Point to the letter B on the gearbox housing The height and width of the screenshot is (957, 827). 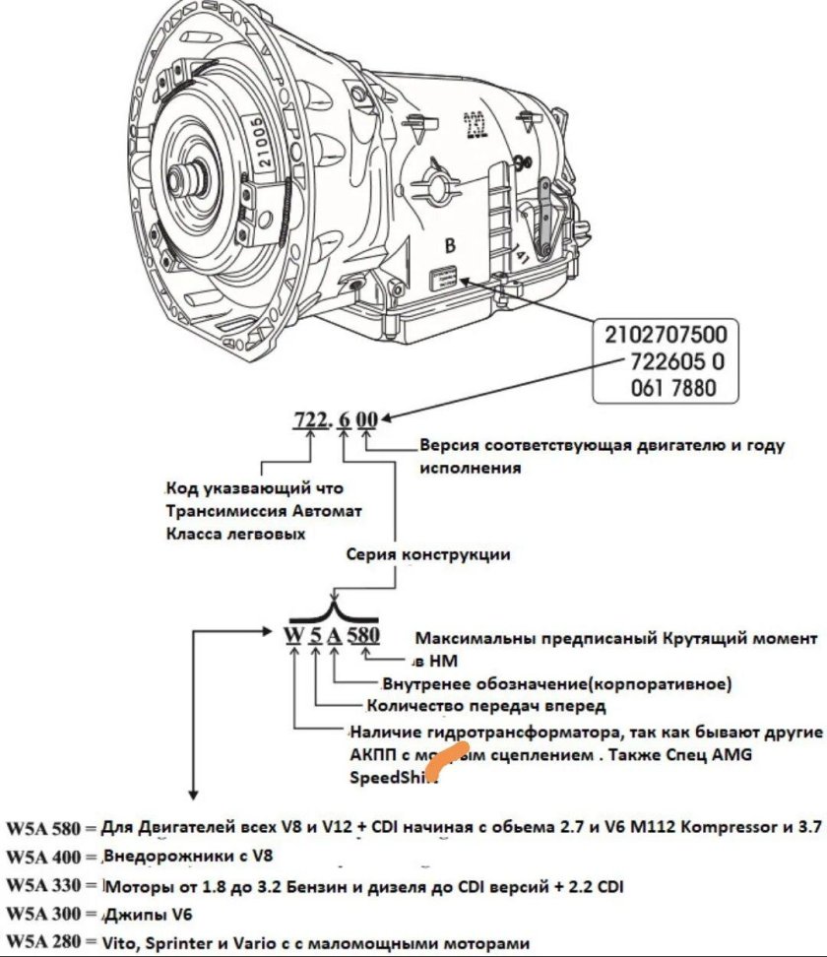[x=450, y=246]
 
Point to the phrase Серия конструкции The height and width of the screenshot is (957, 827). [x=428, y=554]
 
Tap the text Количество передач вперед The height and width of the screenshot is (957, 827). [x=485, y=705]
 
